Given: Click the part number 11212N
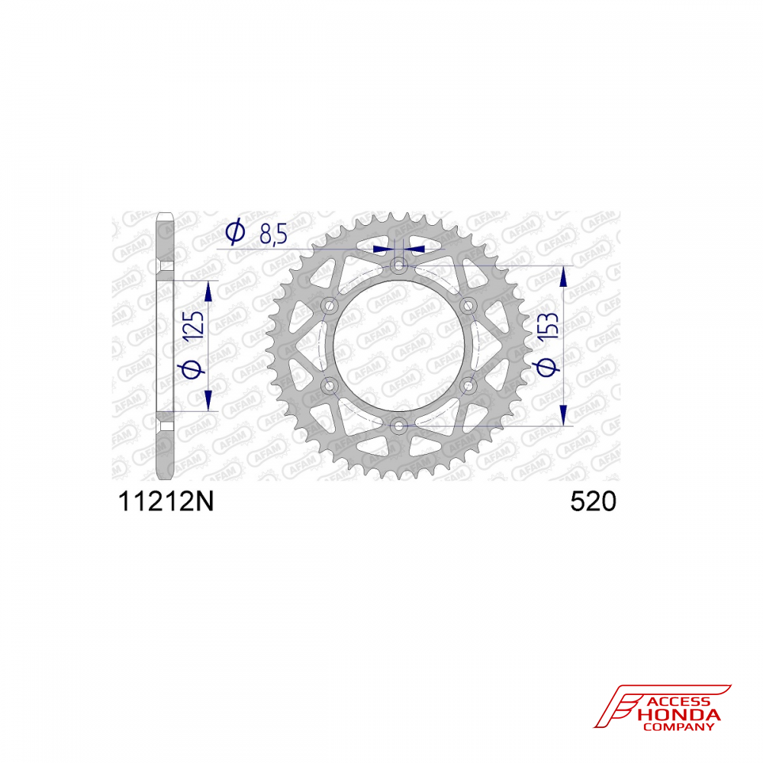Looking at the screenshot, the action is coord(166,501).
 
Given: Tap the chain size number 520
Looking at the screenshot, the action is coord(593,501).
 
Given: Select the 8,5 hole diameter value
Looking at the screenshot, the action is coord(273,233).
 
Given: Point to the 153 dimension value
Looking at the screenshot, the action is coord(549,326).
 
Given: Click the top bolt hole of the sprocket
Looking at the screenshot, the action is coord(399,266).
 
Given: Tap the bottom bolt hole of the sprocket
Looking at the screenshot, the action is coord(399,427).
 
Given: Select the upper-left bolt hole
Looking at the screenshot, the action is coord(330,306).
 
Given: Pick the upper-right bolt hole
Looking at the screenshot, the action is coord(468,306).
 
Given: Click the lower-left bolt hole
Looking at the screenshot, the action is coord(330,386).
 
